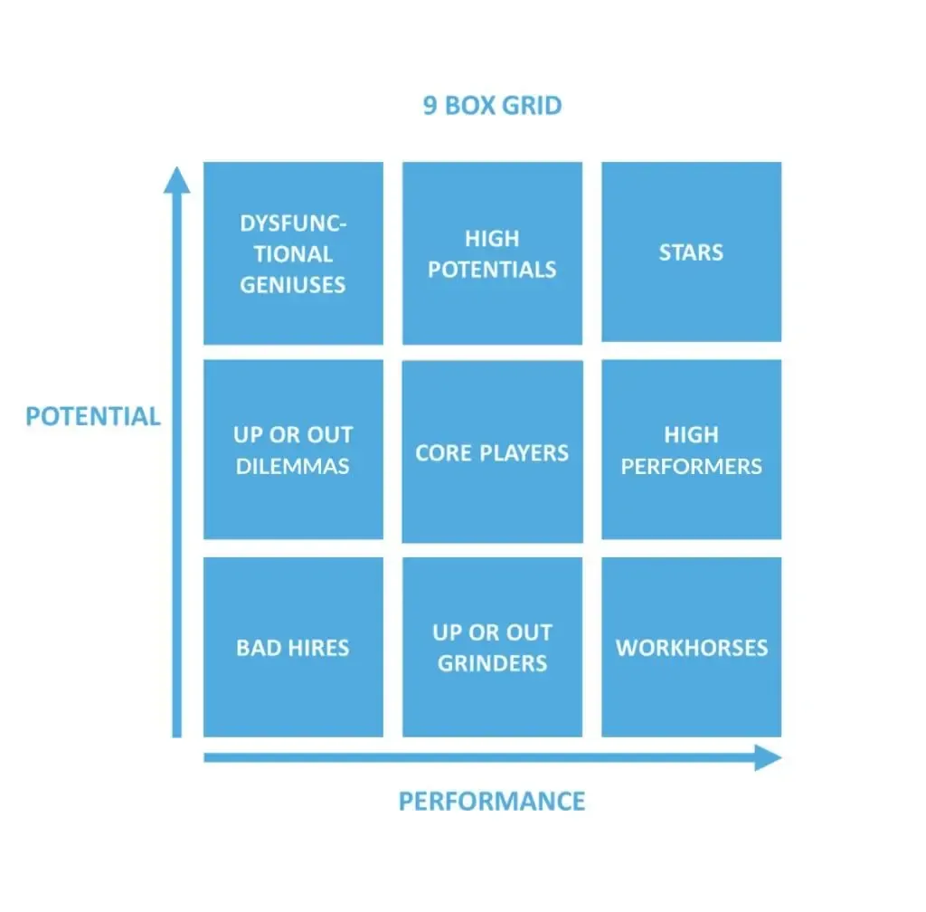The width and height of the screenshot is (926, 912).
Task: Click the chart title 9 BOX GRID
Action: click(492, 106)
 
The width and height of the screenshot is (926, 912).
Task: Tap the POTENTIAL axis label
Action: click(93, 416)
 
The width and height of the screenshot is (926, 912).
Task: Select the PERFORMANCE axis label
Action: click(492, 802)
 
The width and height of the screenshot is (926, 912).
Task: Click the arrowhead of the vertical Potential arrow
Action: click(176, 179)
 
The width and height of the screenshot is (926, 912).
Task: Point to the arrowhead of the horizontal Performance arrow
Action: click(769, 758)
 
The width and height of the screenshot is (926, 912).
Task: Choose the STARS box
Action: click(692, 252)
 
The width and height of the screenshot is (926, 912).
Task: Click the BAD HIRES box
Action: click(294, 648)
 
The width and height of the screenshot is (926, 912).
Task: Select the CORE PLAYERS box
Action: click(493, 451)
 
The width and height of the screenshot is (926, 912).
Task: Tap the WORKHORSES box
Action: click(692, 648)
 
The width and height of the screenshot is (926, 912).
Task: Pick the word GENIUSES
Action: click(293, 285)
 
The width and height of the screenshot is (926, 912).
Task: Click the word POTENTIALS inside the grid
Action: click(492, 270)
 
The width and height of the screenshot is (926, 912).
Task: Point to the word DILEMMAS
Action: click(293, 467)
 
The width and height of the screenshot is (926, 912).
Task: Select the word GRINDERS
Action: click(493, 663)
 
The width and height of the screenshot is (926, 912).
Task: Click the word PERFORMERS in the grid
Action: click(692, 467)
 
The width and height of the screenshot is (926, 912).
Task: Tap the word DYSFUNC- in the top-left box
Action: click(294, 223)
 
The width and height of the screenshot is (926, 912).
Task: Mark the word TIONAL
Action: click(294, 254)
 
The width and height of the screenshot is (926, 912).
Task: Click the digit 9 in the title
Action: click(430, 106)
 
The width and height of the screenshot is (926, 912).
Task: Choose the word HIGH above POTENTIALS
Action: click(492, 239)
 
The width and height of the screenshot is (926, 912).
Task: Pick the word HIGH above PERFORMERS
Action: click(692, 435)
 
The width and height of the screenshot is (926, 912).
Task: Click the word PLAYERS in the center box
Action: click(524, 453)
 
